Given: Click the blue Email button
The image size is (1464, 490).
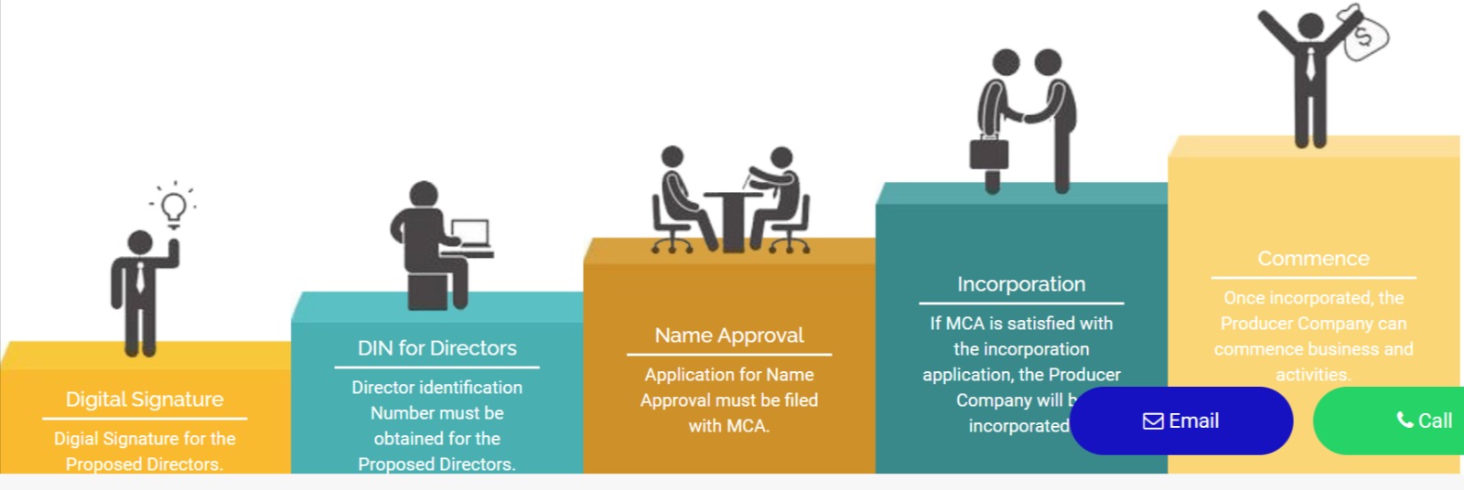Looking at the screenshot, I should point(1180,421).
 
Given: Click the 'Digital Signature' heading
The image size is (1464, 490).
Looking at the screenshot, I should point(145,399).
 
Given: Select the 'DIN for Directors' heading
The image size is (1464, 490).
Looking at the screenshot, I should point(437,348).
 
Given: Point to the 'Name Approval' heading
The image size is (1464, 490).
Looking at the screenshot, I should point(729,336).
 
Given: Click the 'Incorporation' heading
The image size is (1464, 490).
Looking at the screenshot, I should point(1021,284).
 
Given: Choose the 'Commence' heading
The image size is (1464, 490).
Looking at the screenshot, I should point(1313,259).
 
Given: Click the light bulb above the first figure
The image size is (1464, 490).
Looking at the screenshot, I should point(174,208).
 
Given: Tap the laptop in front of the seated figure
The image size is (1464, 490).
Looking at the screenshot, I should point(470,234).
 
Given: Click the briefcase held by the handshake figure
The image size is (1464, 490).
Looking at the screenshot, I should point(989,153).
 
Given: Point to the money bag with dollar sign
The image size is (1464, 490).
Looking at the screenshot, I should point(1364,35).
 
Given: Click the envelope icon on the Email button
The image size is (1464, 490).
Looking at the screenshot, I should point(1153,421).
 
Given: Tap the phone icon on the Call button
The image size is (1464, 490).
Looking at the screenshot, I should point(1405,420).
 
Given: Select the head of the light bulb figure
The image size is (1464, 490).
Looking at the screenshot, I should point(140,243).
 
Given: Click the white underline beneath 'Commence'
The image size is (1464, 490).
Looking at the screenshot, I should point(1313,277).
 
